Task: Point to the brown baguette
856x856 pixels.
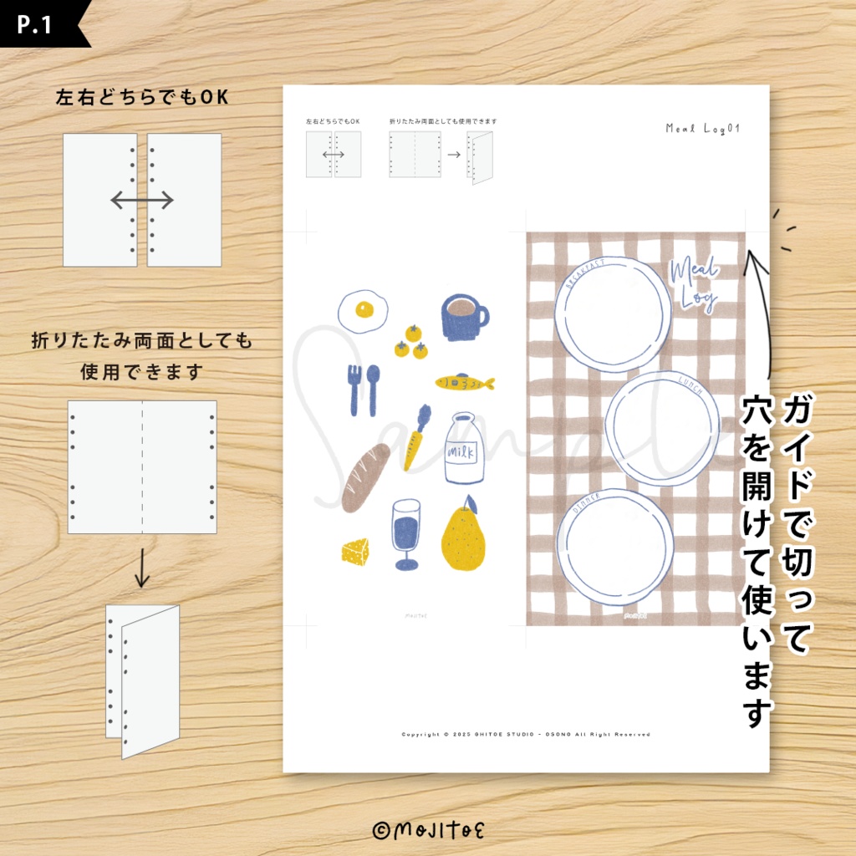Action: [365, 477]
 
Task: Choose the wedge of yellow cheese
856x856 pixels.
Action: [355, 551]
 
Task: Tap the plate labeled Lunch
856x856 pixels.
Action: [662, 428]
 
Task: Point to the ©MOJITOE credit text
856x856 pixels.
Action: [428, 829]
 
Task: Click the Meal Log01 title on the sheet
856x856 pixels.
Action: [703, 129]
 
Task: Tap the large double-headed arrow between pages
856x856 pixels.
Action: [142, 200]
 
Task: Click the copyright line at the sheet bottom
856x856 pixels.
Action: [526, 735]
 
